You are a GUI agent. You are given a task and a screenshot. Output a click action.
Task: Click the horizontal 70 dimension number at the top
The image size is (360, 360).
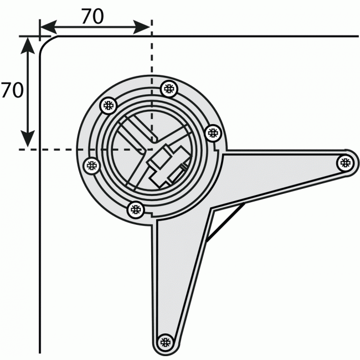tap(92, 17)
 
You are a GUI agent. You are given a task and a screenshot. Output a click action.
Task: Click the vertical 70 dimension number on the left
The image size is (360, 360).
tap(11, 90)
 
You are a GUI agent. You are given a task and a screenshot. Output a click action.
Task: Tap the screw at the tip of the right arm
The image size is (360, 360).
tap(345, 162)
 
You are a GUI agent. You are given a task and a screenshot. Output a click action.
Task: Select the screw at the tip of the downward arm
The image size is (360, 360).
tap(164, 342)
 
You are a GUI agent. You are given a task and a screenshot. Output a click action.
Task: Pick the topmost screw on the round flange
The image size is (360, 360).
tap(168, 88)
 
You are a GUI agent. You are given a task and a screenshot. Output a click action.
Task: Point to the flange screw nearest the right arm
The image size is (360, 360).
tap(213, 132)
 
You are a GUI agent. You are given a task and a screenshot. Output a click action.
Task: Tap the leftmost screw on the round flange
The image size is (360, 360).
tap(91, 164)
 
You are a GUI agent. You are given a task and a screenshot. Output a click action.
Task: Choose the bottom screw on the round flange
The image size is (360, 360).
tap(136, 209)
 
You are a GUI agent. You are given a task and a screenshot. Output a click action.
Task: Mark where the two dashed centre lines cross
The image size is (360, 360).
tap(151, 150)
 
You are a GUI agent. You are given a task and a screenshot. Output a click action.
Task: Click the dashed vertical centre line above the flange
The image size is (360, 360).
tap(151, 55)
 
